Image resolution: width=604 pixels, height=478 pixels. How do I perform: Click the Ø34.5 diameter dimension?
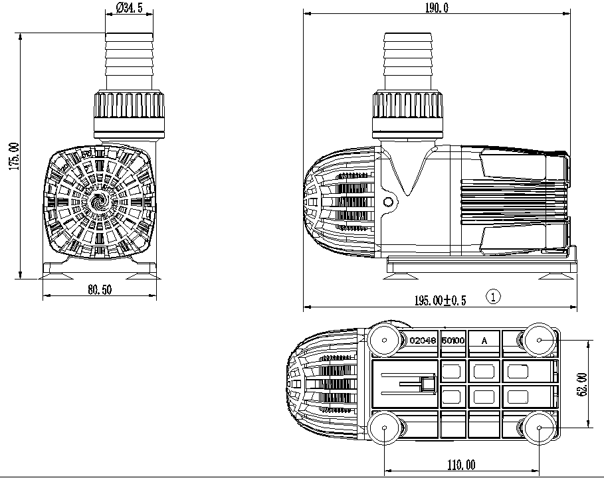click(x=129, y=8)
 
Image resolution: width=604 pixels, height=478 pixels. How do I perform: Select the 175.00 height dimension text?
click(x=14, y=156)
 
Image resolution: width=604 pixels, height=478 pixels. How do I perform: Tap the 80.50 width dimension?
click(x=100, y=289)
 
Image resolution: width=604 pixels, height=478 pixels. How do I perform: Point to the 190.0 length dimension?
click(x=437, y=8)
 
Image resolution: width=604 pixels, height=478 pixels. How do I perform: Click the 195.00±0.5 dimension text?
click(x=440, y=300)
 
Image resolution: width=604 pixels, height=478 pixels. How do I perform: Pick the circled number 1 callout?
click(x=494, y=297)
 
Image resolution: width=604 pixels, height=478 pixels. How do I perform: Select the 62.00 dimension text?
click(x=583, y=384)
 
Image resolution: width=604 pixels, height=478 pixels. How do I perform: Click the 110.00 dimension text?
click(x=461, y=465)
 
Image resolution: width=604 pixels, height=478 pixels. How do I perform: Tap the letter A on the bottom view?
click(x=484, y=341)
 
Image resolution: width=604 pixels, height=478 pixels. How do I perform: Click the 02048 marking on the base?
click(x=423, y=341)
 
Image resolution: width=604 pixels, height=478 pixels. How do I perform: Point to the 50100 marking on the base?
click(x=453, y=341)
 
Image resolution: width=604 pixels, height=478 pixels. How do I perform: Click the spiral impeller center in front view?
click(x=100, y=202)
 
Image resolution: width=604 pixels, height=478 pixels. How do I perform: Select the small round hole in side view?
click(x=388, y=202)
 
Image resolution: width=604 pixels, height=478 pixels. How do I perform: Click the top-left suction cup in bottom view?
click(x=384, y=340)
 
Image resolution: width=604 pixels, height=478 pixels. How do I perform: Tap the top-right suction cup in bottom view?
click(x=540, y=340)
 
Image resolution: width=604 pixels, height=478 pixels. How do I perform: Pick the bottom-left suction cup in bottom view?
click(x=384, y=428)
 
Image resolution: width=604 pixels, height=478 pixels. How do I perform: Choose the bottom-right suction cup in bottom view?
click(x=540, y=428)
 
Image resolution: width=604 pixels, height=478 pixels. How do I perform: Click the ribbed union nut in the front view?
click(x=129, y=114)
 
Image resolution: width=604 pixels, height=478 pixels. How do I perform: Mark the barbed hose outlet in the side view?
click(x=407, y=62)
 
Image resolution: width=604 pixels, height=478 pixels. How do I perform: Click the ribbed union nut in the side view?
click(x=407, y=114)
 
